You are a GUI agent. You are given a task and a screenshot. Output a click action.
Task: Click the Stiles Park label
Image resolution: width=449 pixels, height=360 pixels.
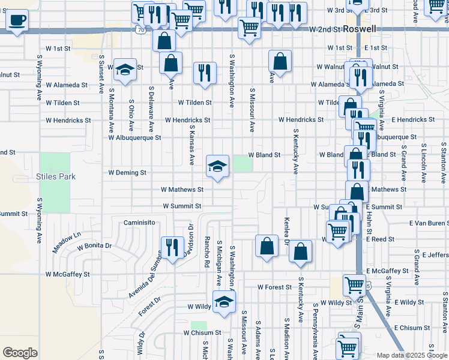(56, 176)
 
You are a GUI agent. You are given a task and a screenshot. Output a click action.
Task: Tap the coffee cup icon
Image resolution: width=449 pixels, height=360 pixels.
(17, 20)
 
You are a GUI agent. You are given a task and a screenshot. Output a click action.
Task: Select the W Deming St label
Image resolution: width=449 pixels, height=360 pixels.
(127, 173)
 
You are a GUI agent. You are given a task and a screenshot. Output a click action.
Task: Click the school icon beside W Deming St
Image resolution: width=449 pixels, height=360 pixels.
(217, 166)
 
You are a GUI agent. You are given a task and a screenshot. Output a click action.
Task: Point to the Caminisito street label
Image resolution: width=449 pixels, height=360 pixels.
(140, 223)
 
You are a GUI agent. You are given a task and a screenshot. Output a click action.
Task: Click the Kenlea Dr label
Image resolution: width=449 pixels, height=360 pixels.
(286, 232)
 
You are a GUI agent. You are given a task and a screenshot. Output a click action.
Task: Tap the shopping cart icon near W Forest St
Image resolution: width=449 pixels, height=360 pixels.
(354, 284)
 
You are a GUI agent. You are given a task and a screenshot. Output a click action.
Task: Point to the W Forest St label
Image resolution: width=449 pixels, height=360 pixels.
(274, 287)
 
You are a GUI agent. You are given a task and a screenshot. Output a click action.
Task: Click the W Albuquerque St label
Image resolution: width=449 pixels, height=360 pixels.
(135, 137)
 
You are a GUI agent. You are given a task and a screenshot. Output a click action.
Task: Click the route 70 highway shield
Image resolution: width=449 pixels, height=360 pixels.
(140, 29)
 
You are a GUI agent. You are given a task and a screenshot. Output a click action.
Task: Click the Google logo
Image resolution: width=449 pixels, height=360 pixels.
(20, 353)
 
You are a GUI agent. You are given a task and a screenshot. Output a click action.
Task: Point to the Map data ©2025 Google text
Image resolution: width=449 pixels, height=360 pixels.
(412, 355)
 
